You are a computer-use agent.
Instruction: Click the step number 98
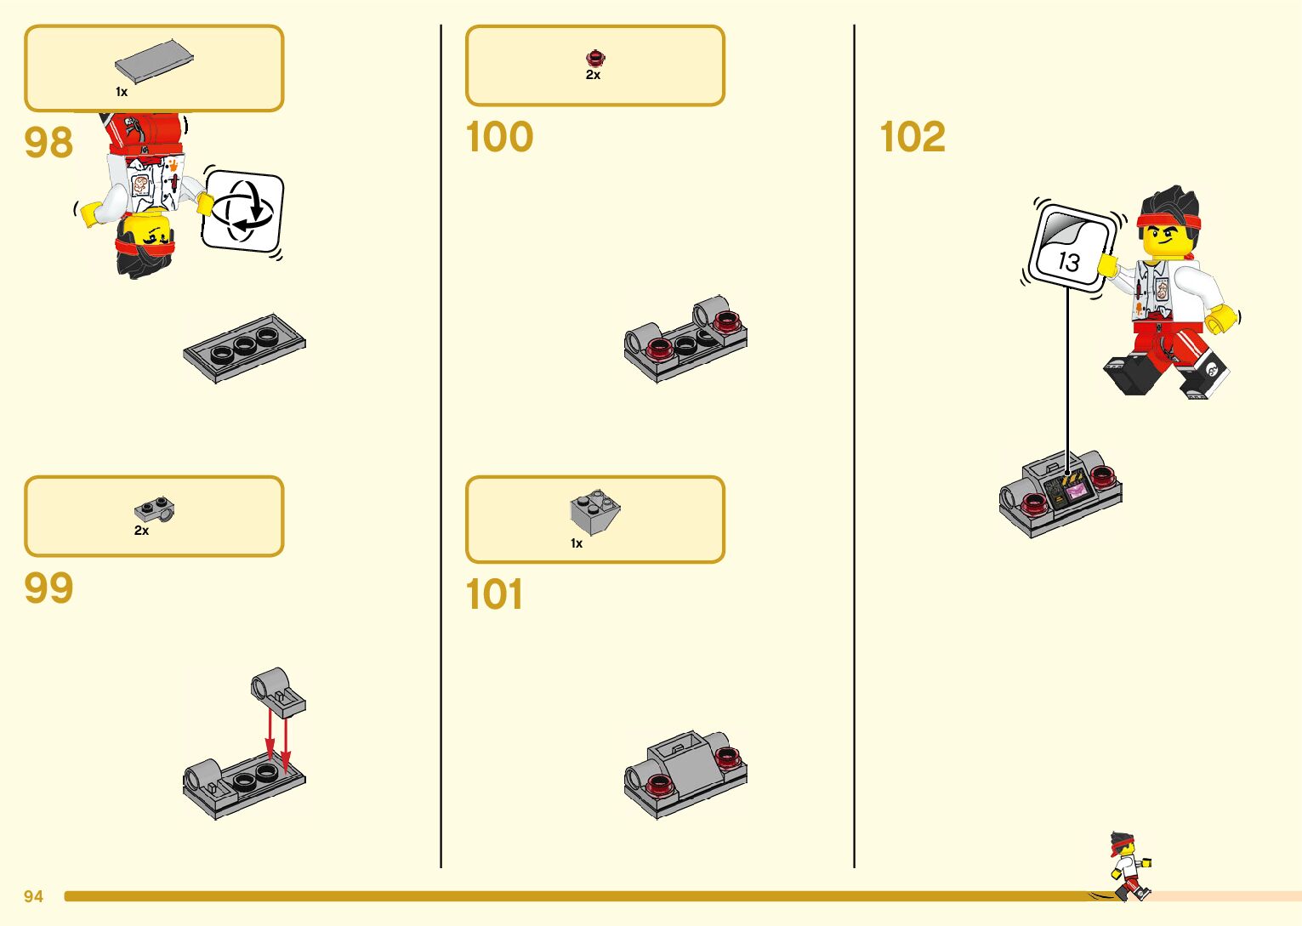(x=48, y=142)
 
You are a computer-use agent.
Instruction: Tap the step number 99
(x=48, y=588)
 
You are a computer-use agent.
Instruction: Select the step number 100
(x=499, y=137)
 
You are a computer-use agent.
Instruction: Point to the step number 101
(x=494, y=594)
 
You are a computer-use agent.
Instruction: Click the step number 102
(x=913, y=137)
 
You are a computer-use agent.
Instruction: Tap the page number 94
(x=33, y=896)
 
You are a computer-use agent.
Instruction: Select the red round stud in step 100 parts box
(x=595, y=58)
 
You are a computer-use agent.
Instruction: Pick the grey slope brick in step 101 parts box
(x=594, y=511)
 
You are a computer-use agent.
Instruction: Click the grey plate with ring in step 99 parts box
(x=155, y=509)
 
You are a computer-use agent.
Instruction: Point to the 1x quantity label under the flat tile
(x=122, y=92)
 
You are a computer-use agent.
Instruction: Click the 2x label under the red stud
(x=593, y=75)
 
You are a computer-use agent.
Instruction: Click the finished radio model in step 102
(x=1060, y=493)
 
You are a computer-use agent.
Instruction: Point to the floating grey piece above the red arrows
(x=277, y=691)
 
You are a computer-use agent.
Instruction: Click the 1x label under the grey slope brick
(x=577, y=543)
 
